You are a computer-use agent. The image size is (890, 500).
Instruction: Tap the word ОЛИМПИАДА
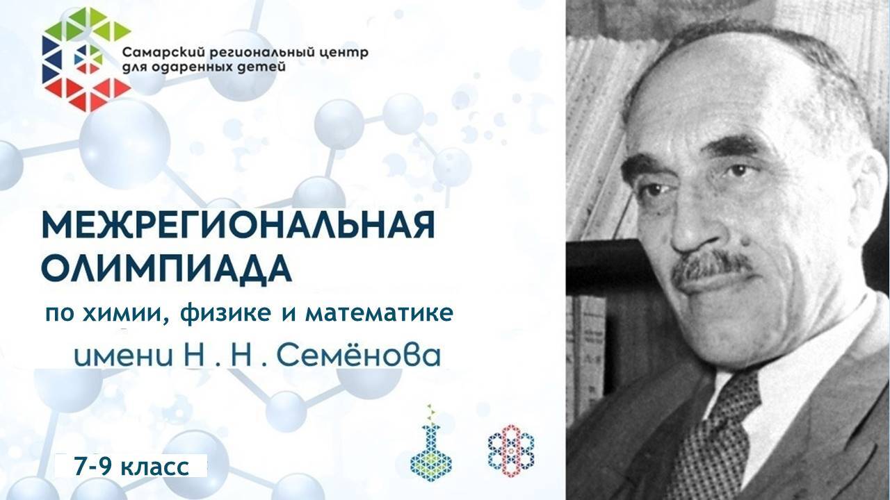[x=166, y=269]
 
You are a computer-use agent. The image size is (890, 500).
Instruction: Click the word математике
[x=379, y=313]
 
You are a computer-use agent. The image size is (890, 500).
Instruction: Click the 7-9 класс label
[x=131, y=467]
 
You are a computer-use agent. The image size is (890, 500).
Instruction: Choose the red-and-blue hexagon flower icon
[x=511, y=451]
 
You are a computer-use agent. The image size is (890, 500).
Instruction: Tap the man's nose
[x=693, y=222]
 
